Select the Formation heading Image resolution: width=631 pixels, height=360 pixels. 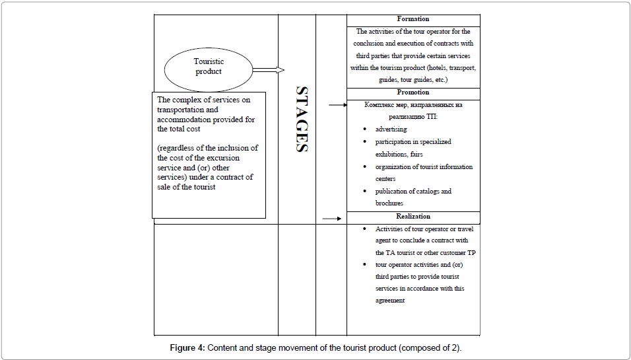[413, 19]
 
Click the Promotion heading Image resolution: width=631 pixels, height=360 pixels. [413, 92]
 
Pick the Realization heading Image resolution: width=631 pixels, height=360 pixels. [413, 216]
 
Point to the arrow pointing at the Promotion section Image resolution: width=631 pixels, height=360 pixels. [337, 105]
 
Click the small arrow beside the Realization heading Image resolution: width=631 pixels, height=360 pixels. [331, 219]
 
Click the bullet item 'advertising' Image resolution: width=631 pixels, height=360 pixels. [391, 129]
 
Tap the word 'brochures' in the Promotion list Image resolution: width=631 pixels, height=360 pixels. [389, 203]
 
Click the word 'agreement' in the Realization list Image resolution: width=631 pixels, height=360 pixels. [390, 301]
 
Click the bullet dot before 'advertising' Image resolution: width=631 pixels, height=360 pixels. [366, 129]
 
